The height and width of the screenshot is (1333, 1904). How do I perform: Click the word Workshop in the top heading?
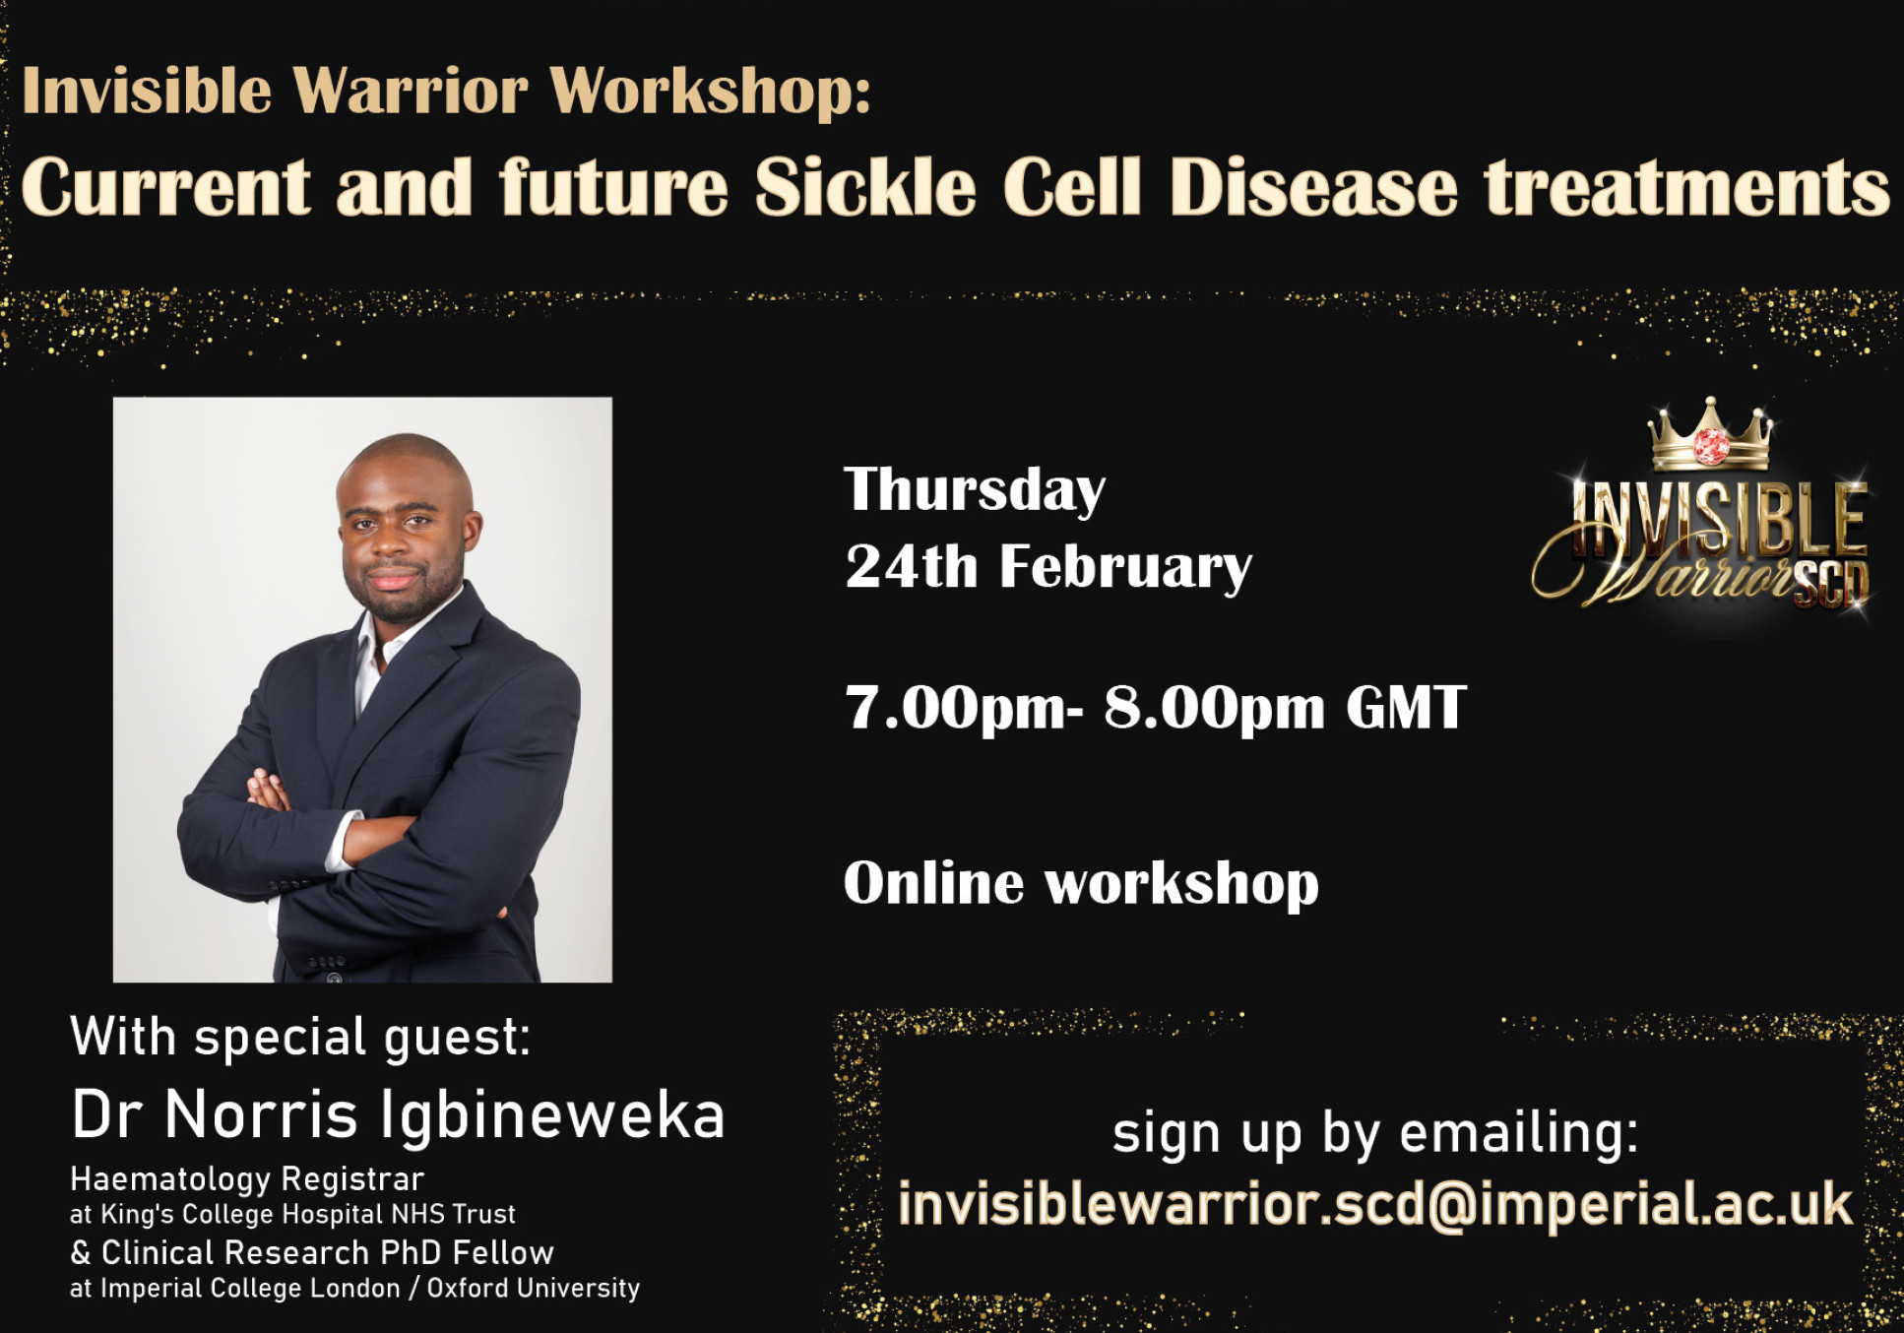click(x=709, y=92)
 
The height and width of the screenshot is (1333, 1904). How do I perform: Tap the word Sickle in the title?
click(x=864, y=187)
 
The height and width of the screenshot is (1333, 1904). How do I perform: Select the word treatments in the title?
click(x=1686, y=187)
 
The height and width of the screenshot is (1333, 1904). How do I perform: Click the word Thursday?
click(x=975, y=490)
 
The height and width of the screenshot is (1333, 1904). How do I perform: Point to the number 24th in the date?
click(x=911, y=567)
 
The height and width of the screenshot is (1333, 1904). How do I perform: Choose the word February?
click(x=1125, y=569)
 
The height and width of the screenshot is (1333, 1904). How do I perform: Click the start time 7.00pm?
click(x=955, y=709)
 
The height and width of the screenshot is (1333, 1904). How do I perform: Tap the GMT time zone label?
click(x=1406, y=708)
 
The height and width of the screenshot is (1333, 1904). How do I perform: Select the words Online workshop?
click(x=1081, y=883)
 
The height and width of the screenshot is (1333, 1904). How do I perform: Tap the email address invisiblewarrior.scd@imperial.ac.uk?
click(x=1374, y=1204)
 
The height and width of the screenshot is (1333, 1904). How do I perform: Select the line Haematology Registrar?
click(x=247, y=1178)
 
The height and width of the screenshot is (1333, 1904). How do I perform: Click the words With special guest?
click(x=300, y=1037)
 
